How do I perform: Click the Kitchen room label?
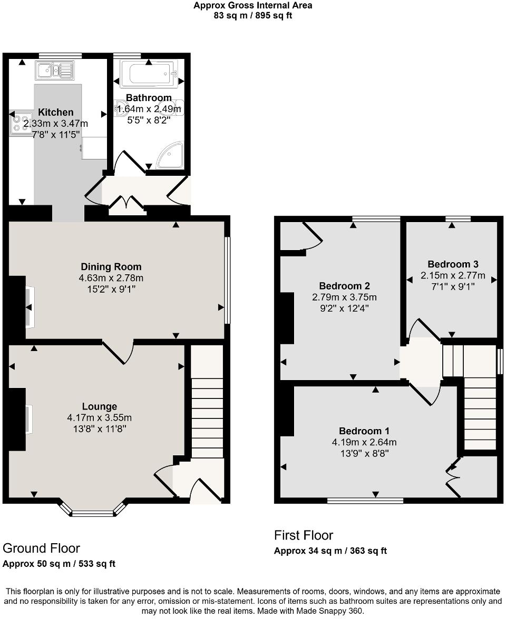tap(56, 112)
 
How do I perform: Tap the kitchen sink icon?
tap(55, 70)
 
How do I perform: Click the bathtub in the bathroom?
tap(149, 74)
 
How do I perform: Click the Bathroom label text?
tap(149, 98)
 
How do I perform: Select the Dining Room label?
tap(111, 267)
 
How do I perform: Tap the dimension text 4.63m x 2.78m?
tap(111, 278)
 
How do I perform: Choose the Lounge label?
tap(99, 406)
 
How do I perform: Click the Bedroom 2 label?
tap(344, 286)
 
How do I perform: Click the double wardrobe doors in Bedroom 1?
tap(453, 477)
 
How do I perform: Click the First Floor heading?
tap(303, 535)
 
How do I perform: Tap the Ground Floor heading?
tap(41, 548)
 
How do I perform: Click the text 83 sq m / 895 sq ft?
tap(252, 16)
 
